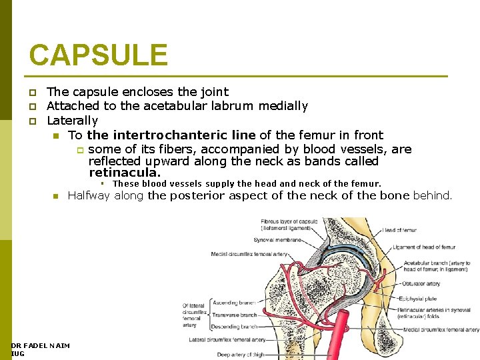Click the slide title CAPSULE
[x=98, y=55]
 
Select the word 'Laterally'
[x=72, y=121]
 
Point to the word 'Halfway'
[x=89, y=196]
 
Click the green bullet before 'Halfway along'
[x=56, y=197]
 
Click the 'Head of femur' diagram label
[x=399, y=230]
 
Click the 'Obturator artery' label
[x=421, y=283]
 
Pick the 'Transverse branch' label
[x=235, y=314]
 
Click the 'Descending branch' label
[x=235, y=327]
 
